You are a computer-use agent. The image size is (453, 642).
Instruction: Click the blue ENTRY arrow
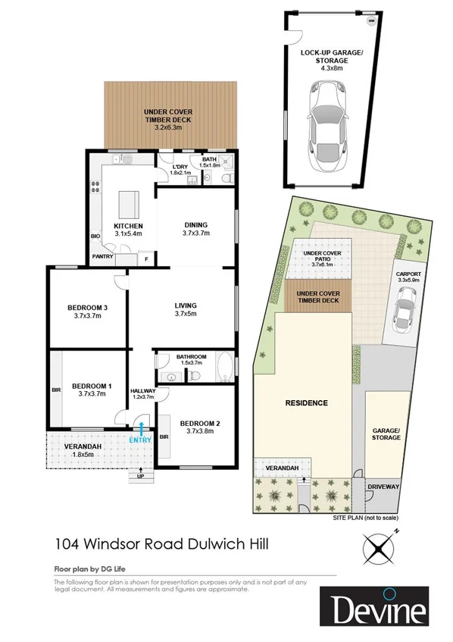tap(142, 430)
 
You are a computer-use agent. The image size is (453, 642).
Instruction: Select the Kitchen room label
tap(128, 230)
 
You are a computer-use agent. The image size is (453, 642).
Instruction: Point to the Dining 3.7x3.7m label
tap(195, 229)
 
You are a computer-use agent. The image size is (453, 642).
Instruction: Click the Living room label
tap(186, 308)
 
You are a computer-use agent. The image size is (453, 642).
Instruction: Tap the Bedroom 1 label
tap(92, 390)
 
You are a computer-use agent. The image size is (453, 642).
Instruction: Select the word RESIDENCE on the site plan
tap(307, 402)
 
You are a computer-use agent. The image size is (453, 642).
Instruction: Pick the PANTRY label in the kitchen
tap(102, 257)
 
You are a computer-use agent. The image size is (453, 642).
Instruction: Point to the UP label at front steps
tap(141, 476)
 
